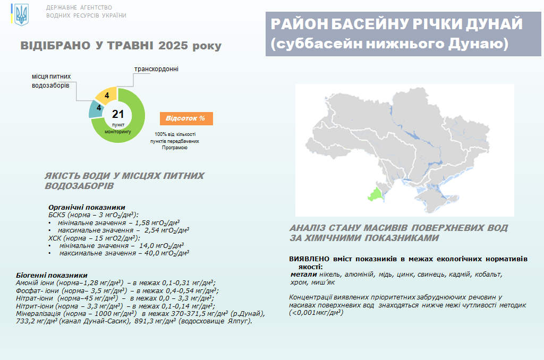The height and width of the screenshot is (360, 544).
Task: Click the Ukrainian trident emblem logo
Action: (x=21, y=15)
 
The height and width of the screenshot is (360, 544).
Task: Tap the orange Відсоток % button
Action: (x=186, y=118)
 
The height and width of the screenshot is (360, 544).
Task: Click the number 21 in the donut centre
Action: (x=118, y=114)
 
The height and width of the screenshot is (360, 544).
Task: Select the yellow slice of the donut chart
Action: (x=105, y=95)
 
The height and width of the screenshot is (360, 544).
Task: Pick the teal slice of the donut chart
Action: (x=96, y=109)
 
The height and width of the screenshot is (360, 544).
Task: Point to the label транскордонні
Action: (x=157, y=69)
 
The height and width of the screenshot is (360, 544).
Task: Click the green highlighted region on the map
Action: (x=376, y=194)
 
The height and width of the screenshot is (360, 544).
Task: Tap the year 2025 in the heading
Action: (x=173, y=46)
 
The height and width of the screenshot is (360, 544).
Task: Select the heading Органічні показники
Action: (x=87, y=208)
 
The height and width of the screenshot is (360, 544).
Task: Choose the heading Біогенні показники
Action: (x=52, y=276)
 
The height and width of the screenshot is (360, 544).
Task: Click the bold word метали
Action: (x=303, y=275)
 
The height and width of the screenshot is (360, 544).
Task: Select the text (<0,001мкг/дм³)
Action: (x=316, y=313)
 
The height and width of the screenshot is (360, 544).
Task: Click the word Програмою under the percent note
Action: (x=174, y=148)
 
